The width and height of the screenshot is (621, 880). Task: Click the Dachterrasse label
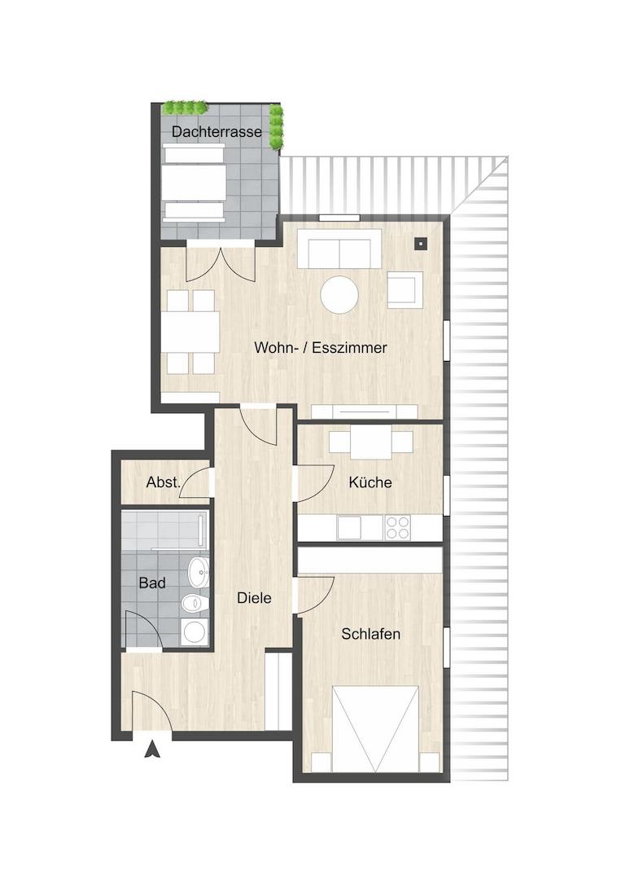click(x=216, y=132)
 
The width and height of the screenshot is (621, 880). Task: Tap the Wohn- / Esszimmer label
click(x=320, y=347)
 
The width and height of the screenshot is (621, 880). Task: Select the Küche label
click(x=370, y=482)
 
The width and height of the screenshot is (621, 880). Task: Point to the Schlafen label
click(x=370, y=634)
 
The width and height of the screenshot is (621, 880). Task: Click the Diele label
click(x=254, y=598)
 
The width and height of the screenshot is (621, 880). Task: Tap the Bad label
click(x=152, y=583)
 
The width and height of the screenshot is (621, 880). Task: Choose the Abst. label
click(x=163, y=482)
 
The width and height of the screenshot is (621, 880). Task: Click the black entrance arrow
click(x=152, y=750)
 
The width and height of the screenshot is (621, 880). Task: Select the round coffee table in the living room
click(x=339, y=294)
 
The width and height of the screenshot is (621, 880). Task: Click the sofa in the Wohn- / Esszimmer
click(x=339, y=249)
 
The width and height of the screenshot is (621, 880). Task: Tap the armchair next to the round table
click(x=405, y=289)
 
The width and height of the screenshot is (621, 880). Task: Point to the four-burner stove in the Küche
click(x=397, y=527)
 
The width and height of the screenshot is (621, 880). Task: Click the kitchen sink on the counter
click(x=349, y=527)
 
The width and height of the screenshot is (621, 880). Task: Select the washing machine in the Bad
click(x=195, y=631)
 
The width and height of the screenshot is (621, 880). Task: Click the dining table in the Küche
click(x=370, y=442)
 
